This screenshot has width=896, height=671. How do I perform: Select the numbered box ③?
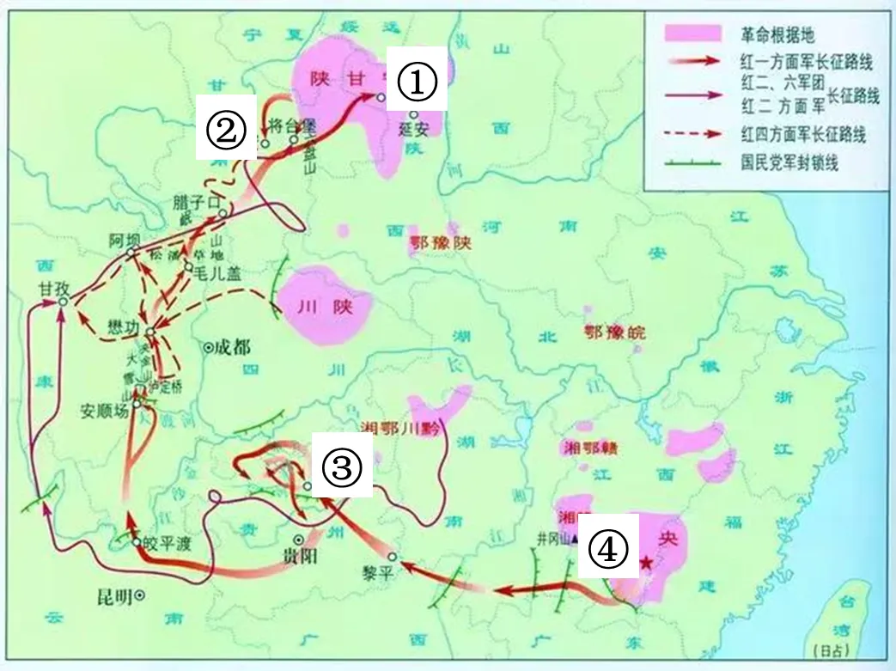pyautogui.click(x=340, y=467)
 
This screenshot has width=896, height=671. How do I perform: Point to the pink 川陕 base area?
pyautogui.click(x=323, y=306)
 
